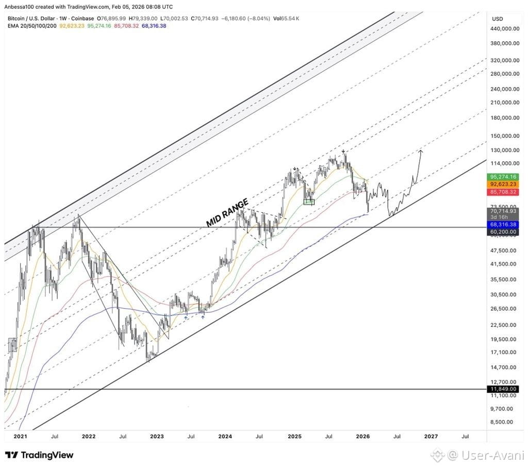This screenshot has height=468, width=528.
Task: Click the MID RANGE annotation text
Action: coord(227,212)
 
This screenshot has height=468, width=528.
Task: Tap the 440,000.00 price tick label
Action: coord(505,29)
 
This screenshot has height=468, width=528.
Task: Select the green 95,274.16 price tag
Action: coord(503,177)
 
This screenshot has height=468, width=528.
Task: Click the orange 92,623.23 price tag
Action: coord(503,184)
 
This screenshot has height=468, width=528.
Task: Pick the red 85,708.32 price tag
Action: coord(503,192)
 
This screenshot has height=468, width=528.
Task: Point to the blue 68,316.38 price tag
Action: coord(503,224)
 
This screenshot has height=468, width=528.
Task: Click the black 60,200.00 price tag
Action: coord(503,231)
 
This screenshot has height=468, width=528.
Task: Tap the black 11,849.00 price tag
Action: coord(503,389)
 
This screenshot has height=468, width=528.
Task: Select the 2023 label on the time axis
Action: coord(157,437)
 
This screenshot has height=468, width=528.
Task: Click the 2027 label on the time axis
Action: coord(431,437)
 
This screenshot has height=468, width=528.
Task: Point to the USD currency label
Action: coord(498,19)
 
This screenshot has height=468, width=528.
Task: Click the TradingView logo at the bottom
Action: coord(39,455)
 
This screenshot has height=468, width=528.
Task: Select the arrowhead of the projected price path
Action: coord(421,151)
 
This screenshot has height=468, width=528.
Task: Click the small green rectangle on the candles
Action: coord(309,202)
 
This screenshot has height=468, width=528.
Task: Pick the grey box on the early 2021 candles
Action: coord(12,345)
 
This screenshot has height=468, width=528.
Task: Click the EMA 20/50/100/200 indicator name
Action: coord(32,26)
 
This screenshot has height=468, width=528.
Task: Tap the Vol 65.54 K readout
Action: coord(286,19)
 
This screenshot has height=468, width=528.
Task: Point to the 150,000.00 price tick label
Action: coord(505,136)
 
